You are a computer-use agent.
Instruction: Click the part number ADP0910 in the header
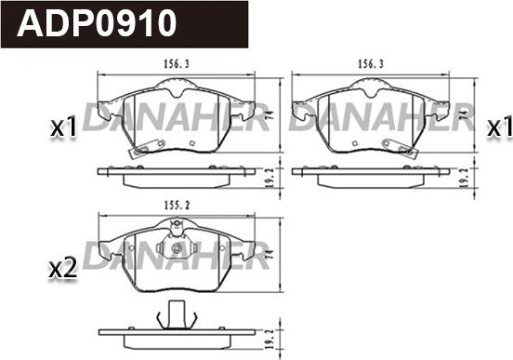97,23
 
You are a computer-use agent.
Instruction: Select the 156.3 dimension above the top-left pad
177,64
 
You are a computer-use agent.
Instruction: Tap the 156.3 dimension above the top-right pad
371,64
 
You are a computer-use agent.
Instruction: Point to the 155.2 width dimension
177,206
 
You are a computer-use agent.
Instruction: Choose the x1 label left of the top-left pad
63,127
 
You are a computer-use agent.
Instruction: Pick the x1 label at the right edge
500,127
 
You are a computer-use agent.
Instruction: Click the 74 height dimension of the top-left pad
270,115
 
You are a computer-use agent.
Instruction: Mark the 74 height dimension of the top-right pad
463,115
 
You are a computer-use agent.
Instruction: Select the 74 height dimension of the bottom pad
270,255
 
